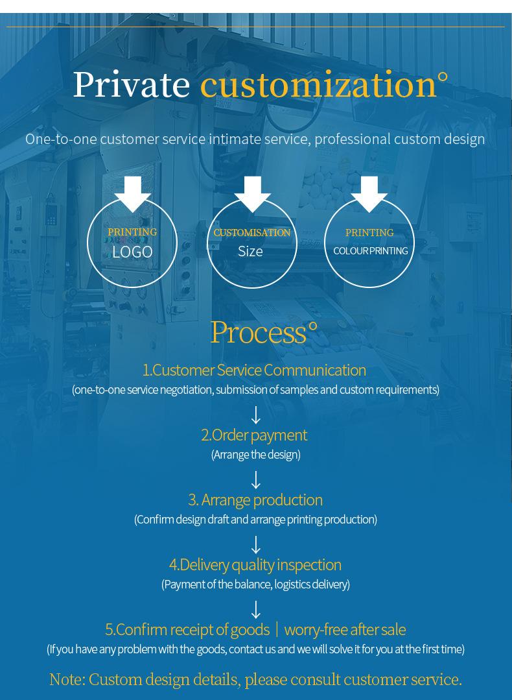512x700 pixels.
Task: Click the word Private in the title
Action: tap(131, 85)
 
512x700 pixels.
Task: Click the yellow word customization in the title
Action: tap(318, 85)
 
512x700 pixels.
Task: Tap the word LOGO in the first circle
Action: tap(132, 252)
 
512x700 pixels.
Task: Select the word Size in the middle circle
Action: tap(250, 251)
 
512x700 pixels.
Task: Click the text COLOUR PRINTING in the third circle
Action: tap(370, 250)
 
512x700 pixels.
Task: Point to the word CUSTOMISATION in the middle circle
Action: tap(252, 232)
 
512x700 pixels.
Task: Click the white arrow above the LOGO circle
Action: tap(133, 193)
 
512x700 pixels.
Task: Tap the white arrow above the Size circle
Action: tap(252, 193)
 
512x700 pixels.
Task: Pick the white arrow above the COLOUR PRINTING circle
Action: tap(369, 193)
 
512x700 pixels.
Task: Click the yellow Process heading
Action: tap(259, 332)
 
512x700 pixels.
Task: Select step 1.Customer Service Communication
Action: tap(254, 370)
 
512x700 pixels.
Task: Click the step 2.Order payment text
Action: tap(254, 435)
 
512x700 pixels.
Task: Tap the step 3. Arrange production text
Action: tap(255, 500)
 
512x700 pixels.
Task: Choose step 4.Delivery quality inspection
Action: tap(255, 564)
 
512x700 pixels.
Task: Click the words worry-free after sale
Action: tap(345, 629)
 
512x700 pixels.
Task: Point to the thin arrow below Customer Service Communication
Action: tap(256, 415)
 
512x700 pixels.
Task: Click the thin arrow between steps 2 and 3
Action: tap(256, 480)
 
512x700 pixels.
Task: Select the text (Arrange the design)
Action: tap(256, 455)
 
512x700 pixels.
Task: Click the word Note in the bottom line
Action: tap(66, 679)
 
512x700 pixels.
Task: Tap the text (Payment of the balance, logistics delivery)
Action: tap(255, 585)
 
